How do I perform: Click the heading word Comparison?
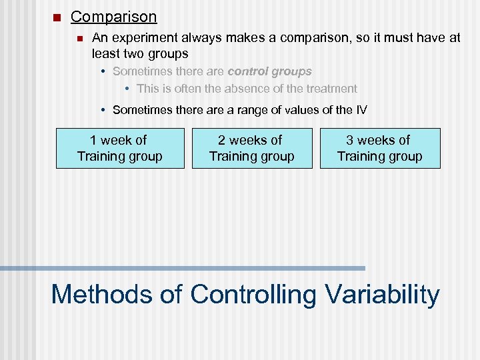coord(114,17)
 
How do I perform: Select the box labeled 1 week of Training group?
coord(120,148)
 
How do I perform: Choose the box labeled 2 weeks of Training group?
coord(251,148)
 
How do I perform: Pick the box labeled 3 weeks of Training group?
coord(380,148)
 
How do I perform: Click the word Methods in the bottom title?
coord(97,294)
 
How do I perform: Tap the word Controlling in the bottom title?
coord(253,294)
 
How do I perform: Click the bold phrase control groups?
coord(269,71)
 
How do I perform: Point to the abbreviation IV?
coord(361,109)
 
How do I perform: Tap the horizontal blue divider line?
coord(183,268)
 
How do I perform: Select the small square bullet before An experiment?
coord(80,39)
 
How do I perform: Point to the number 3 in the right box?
coord(349,140)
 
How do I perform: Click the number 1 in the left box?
coord(93,140)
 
